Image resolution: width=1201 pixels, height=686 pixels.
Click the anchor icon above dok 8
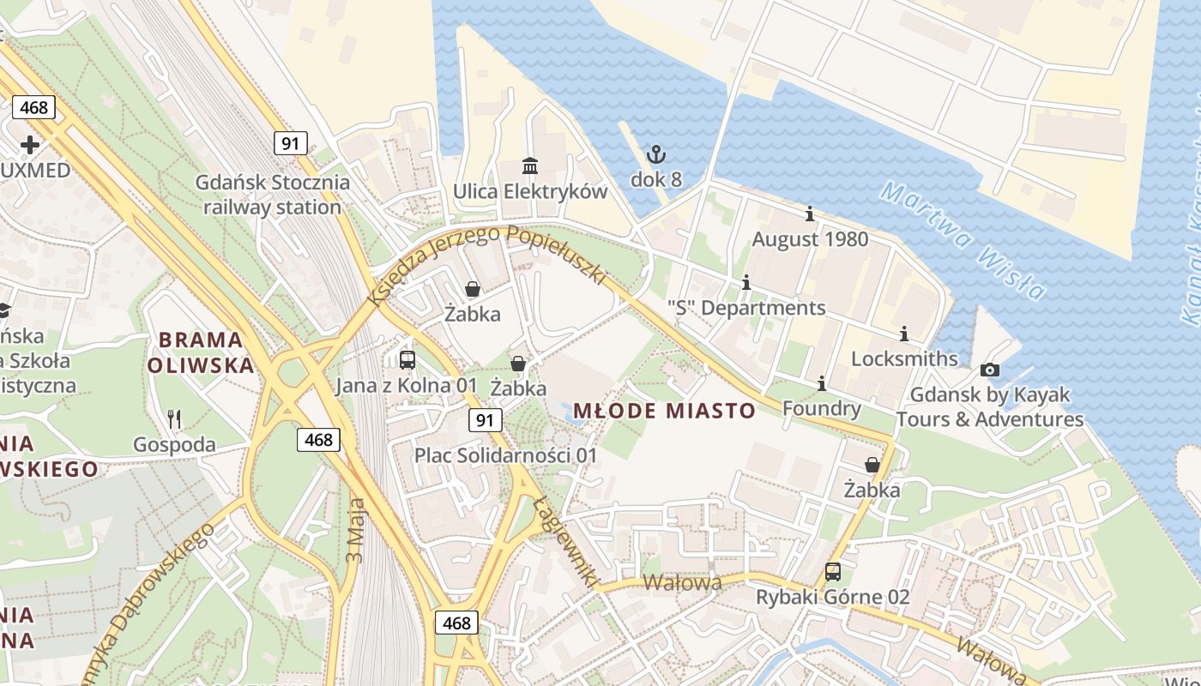pos(656,155)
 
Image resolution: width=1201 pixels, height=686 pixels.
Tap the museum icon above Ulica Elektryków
pos(530,165)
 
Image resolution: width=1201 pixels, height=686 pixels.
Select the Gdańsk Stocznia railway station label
pos(273,195)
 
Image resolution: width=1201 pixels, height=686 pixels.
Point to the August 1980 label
pos(810,239)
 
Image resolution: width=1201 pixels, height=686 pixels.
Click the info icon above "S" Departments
pos(746,282)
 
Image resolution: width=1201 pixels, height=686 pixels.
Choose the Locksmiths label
pos(904,358)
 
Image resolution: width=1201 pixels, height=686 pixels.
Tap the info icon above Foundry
pos(821,383)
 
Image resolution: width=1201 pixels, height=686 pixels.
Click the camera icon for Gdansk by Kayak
pos(990,370)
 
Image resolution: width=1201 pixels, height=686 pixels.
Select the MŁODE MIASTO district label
pos(664,411)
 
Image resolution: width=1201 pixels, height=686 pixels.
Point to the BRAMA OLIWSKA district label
pos(201,352)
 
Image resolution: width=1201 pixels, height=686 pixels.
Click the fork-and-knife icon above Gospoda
pos(175,419)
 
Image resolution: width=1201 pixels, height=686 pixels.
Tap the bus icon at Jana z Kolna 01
pos(407,360)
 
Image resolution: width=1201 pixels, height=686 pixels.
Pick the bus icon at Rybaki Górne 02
pos(832,572)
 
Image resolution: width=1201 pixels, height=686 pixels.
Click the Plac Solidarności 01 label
pos(505,455)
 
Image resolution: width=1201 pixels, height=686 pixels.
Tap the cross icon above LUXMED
pos(30,144)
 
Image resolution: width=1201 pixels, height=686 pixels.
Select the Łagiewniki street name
pos(565,543)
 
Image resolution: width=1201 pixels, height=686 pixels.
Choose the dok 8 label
pos(656,179)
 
